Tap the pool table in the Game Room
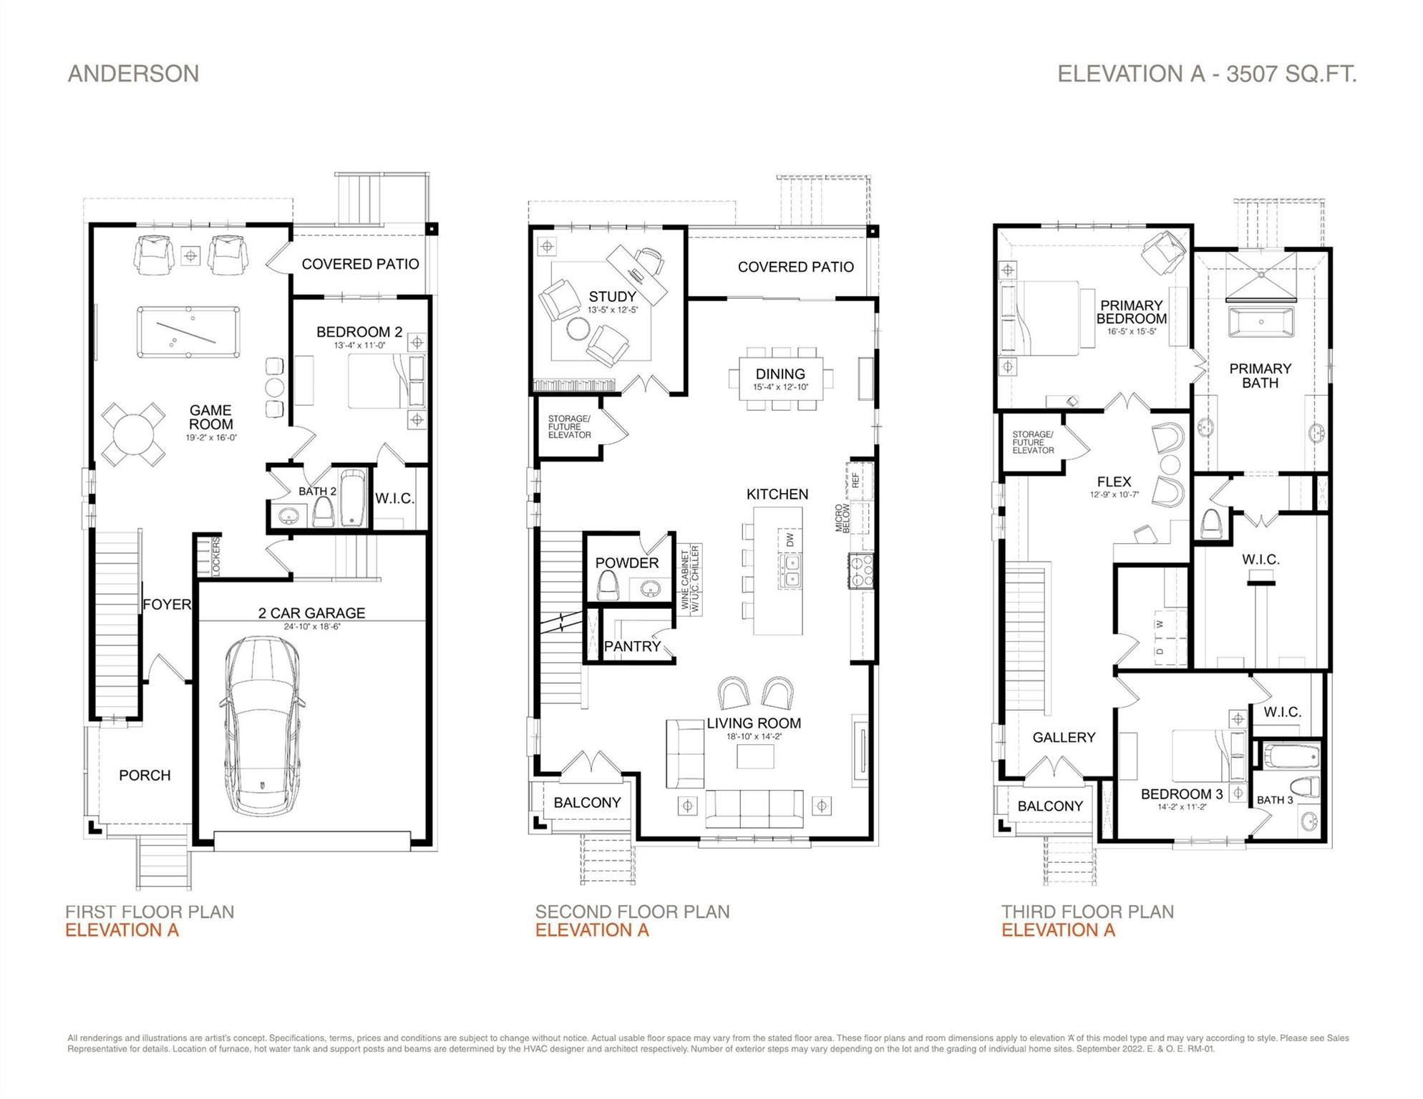coord(189,331)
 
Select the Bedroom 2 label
coord(359,332)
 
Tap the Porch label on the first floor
coord(145,776)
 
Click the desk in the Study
coord(636,274)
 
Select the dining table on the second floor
coord(780,378)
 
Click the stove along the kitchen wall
coord(861,570)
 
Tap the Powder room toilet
coord(609,586)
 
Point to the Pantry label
coord(632,647)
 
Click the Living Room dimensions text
coord(753,736)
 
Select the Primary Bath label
coord(1260,376)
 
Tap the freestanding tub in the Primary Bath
coord(1261,323)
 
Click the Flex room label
coord(1114,482)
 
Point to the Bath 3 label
coord(1274,800)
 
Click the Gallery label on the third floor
coord(1064,738)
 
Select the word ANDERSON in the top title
coord(133,74)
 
